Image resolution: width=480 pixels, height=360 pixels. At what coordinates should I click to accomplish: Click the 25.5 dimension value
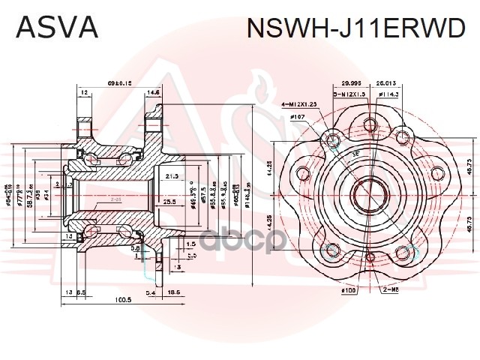(169, 202)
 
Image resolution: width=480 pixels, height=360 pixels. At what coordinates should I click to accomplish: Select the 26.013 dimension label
(388, 84)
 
